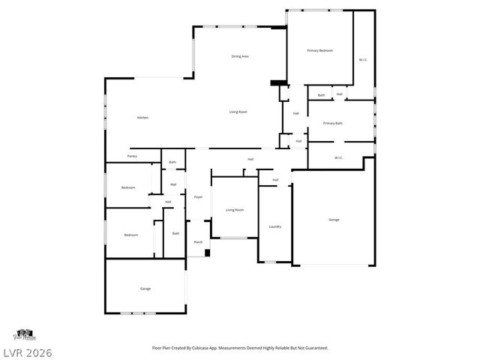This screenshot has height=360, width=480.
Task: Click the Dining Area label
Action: click(x=240, y=56)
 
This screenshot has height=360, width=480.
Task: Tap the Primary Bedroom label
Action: click(x=319, y=50)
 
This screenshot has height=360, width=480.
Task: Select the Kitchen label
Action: click(x=142, y=118)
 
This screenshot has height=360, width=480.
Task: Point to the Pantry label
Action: click(x=132, y=156)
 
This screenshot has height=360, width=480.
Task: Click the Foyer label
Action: click(x=199, y=196)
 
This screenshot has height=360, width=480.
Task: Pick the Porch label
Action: click(x=199, y=241)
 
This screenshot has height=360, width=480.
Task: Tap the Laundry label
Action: click(x=274, y=226)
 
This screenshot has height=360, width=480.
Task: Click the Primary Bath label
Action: click(x=333, y=123)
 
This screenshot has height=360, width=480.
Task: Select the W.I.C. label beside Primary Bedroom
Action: click(x=363, y=59)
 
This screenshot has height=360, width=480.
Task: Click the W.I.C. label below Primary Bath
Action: click(x=338, y=157)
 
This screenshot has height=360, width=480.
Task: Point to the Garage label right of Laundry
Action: click(x=334, y=219)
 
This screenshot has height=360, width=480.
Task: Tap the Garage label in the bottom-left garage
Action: click(x=145, y=288)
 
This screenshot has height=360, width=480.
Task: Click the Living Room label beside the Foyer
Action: click(x=235, y=210)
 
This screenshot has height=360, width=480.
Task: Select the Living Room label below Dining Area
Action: click(x=238, y=112)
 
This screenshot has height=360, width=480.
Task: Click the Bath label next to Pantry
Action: click(x=172, y=162)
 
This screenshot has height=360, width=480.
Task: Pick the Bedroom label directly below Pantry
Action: click(x=128, y=187)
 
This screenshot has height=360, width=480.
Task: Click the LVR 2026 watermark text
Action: click(x=26, y=352)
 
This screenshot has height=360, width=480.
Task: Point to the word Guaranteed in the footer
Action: click(x=314, y=348)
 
